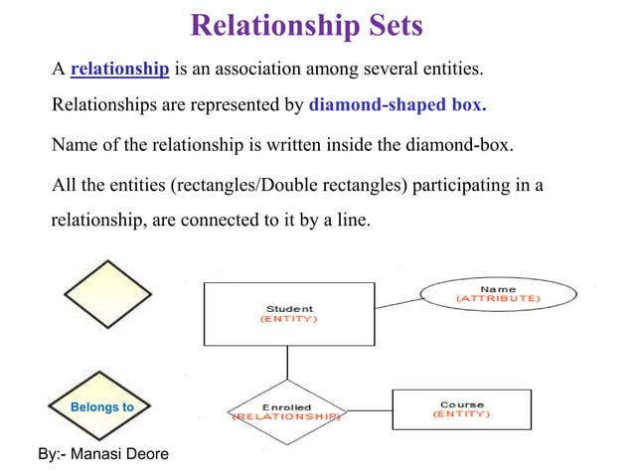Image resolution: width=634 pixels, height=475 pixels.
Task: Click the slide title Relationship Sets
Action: point(306,25)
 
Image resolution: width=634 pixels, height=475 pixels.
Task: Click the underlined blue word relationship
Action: point(120,70)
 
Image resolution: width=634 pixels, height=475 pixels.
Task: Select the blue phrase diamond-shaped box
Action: point(397,104)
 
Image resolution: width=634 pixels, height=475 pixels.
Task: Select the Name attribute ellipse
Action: point(498,293)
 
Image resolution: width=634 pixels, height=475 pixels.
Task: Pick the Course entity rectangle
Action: point(461,409)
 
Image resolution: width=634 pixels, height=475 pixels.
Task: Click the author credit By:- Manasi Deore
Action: point(102,454)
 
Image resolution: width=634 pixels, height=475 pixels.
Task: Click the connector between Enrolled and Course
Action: point(368,411)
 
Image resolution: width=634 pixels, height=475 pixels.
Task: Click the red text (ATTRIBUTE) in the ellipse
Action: point(498,298)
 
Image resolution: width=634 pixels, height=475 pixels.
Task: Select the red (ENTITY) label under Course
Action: point(461,414)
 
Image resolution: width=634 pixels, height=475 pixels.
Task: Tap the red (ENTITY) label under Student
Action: point(289,320)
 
